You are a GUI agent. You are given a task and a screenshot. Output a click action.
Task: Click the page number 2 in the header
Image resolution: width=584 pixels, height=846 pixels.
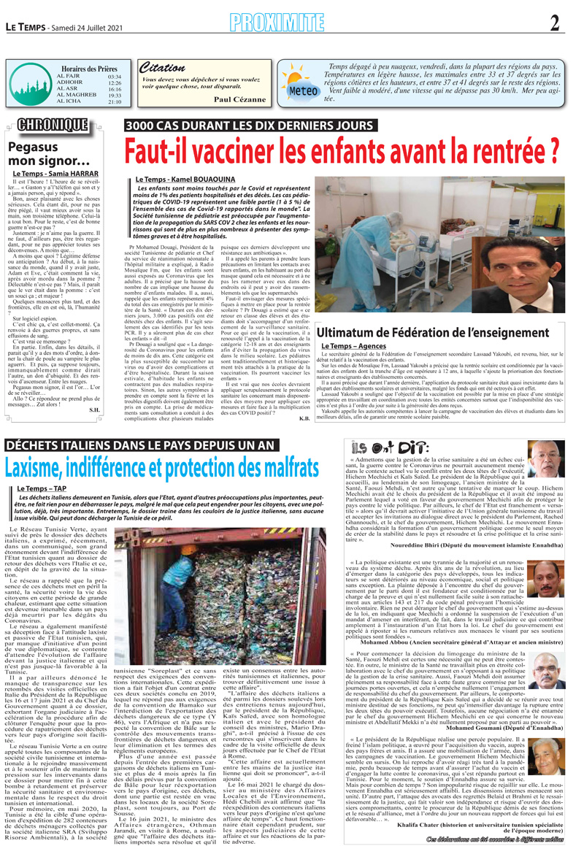point(555,24)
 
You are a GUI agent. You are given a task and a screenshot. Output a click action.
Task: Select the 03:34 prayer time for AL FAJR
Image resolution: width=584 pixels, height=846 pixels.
point(114,76)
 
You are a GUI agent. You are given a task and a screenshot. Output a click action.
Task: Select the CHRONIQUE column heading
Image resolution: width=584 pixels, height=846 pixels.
point(50,125)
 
